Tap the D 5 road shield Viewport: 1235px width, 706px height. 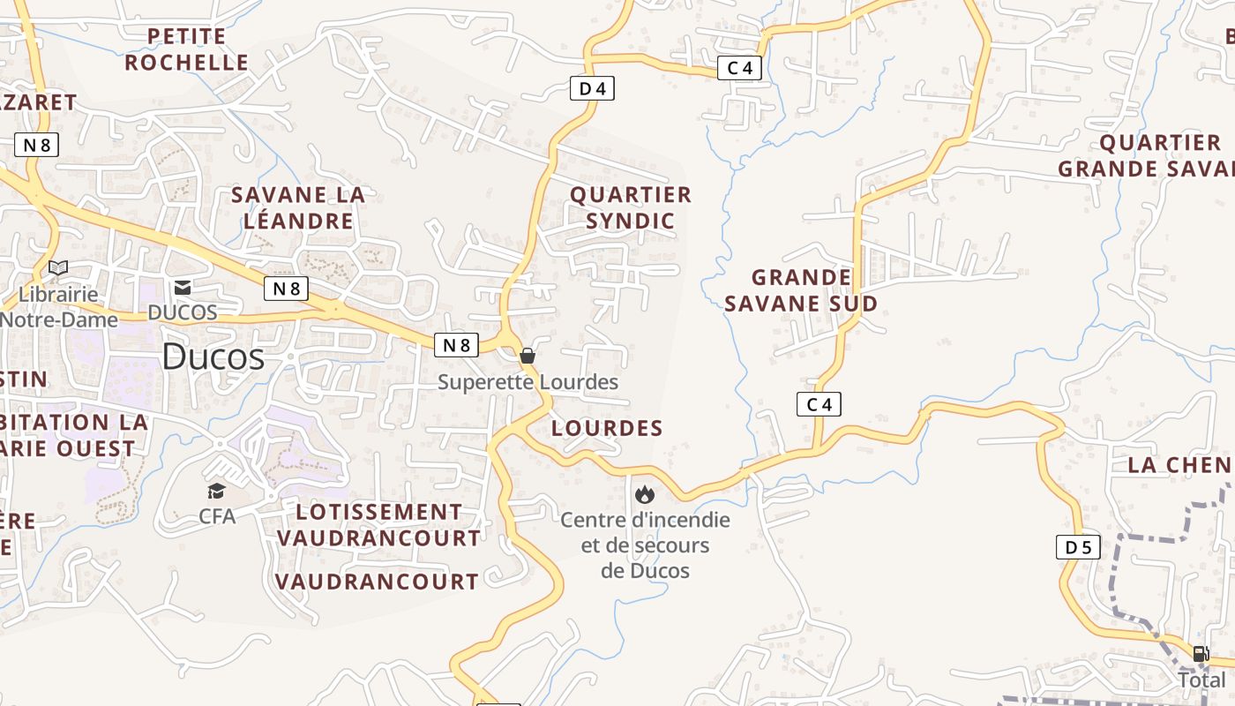coord(1078,547)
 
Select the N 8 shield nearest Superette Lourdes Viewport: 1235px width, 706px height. coord(456,345)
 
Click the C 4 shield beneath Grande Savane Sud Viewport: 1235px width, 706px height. coord(819,404)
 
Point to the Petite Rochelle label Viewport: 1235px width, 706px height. coord(186,49)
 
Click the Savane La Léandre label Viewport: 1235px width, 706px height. coord(298,207)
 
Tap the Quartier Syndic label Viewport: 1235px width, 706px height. coord(631,207)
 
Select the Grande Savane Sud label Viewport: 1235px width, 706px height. coord(801,290)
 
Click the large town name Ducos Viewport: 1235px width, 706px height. coord(213,357)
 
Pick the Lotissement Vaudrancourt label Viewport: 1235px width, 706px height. coord(379,524)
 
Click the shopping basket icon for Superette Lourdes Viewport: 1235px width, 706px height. coord(528,356)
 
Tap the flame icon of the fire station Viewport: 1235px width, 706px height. coord(645,494)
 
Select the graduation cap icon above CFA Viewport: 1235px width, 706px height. coord(216,491)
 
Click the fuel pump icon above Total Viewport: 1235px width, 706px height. coord(1201,654)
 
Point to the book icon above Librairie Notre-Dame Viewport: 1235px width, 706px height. coord(58,267)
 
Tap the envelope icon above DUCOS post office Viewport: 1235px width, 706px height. coord(183,287)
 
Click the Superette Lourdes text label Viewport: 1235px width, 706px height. coord(528,382)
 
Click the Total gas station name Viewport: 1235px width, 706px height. coord(1201,680)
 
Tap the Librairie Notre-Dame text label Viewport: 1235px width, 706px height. coord(58,306)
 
